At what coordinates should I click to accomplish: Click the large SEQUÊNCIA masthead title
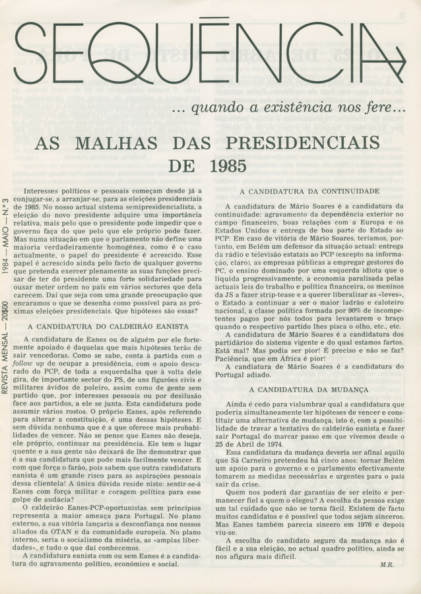click(x=205, y=53)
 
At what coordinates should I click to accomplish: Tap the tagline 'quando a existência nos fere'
click(x=296, y=106)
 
